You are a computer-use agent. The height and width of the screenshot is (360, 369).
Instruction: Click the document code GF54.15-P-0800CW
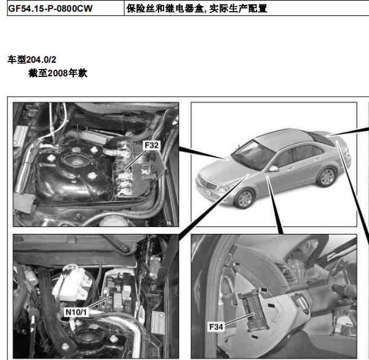click(50, 9)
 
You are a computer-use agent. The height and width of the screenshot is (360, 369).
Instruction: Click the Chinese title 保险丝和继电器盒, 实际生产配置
click(197, 9)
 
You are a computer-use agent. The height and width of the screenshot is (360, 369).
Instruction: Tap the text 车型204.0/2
click(32, 60)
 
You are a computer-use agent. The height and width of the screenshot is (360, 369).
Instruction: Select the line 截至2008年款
click(58, 73)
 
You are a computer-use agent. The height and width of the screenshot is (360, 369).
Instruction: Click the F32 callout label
click(151, 145)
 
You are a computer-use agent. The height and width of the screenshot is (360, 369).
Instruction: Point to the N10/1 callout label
click(76, 312)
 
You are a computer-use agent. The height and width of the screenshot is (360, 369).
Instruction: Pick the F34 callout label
click(216, 327)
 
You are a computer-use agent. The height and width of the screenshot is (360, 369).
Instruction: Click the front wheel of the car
click(245, 199)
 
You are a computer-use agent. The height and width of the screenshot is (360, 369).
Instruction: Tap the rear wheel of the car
click(327, 177)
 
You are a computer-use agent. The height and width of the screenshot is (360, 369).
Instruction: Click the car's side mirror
click(273, 169)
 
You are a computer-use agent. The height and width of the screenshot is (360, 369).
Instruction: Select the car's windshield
click(252, 154)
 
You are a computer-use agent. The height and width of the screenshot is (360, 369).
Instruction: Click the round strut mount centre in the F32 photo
click(76, 162)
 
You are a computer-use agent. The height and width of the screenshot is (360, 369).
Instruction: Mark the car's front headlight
click(224, 188)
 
